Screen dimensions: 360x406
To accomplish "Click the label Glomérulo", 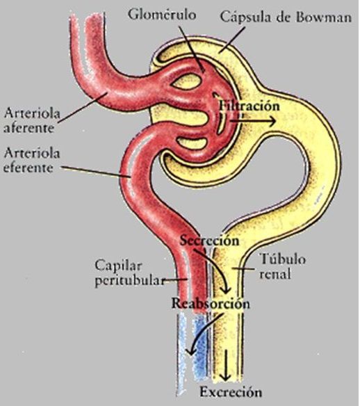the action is [x=162, y=15].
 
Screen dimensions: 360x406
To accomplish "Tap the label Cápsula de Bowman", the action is [x=286, y=17].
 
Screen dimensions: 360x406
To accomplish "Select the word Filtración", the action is [x=249, y=106].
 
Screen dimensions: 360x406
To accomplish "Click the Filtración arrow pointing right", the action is [x=252, y=121].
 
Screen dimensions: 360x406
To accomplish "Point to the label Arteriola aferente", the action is [x=32, y=121].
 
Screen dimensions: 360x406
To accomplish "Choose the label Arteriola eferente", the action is [x=31, y=160].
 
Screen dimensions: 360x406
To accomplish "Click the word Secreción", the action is [x=210, y=241].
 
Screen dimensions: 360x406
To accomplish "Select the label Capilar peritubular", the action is [x=130, y=273].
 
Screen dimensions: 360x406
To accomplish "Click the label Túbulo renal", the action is [x=283, y=266].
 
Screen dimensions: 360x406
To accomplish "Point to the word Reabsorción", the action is [x=211, y=304].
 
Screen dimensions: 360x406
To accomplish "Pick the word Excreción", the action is [x=231, y=392].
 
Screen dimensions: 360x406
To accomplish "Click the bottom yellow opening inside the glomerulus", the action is [x=192, y=143].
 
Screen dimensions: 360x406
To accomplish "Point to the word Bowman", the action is [x=324, y=17].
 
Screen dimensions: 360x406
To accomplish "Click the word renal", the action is [x=275, y=274].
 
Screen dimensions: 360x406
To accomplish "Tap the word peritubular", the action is [x=130, y=281].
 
